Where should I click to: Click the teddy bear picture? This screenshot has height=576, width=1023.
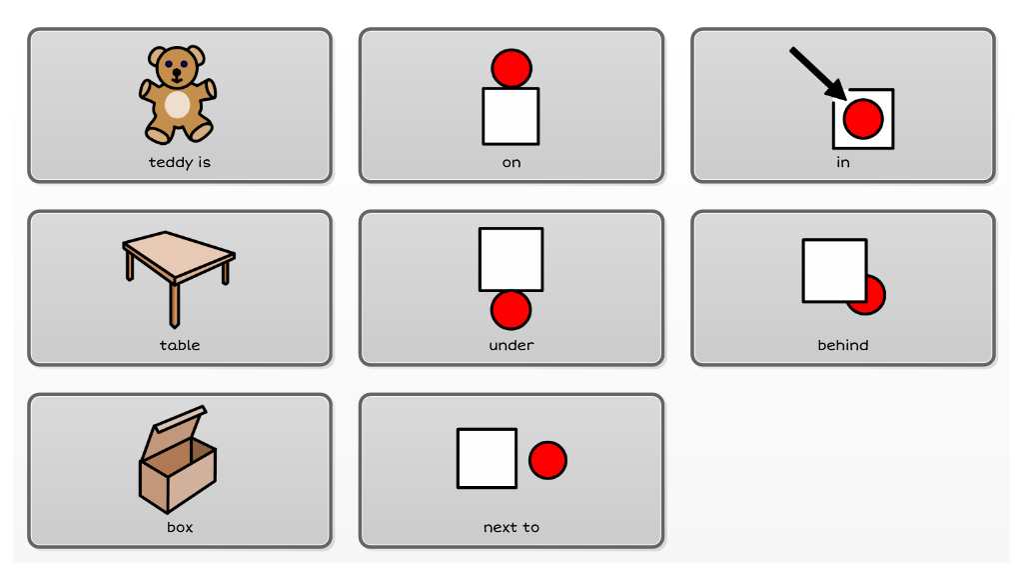[x=178, y=94]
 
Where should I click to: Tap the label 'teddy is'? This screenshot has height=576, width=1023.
[x=180, y=162]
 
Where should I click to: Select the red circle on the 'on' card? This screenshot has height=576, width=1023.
[x=511, y=68]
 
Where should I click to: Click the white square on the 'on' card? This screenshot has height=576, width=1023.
[x=511, y=116]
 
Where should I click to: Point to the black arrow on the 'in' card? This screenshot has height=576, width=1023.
[x=817, y=73]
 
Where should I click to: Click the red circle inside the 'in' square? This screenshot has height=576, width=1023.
[x=862, y=119]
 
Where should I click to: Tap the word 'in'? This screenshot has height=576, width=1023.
[x=843, y=162]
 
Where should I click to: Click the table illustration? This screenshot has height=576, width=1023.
[x=178, y=278]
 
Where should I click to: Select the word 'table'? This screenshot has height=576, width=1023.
[x=180, y=345]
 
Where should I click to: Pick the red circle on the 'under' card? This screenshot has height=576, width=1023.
[x=511, y=310]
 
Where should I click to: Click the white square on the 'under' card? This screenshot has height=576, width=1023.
[x=511, y=259]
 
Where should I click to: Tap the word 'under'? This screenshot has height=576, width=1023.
[x=511, y=345]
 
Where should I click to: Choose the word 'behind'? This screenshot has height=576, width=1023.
[x=843, y=345]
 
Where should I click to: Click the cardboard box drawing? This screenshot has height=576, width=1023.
[x=178, y=459]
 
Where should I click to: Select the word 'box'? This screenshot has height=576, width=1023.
[x=180, y=527]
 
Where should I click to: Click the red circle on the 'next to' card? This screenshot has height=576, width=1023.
[x=547, y=460]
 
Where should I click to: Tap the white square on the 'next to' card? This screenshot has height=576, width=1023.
[x=488, y=458]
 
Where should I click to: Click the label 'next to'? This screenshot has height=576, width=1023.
[x=511, y=527]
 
